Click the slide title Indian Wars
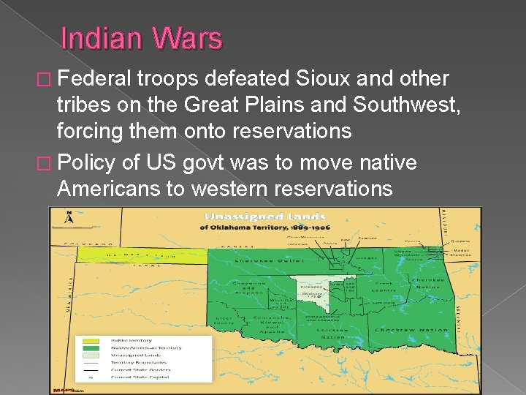pyautogui.click(x=142, y=39)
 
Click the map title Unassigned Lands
pyautogui.click(x=264, y=217)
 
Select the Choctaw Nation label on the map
pyautogui.click(x=411, y=330)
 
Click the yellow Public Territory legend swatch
pyautogui.click(x=91, y=340)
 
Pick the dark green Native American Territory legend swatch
pyautogui.click(x=91, y=347)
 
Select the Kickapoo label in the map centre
pyautogui.click(x=310, y=287)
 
